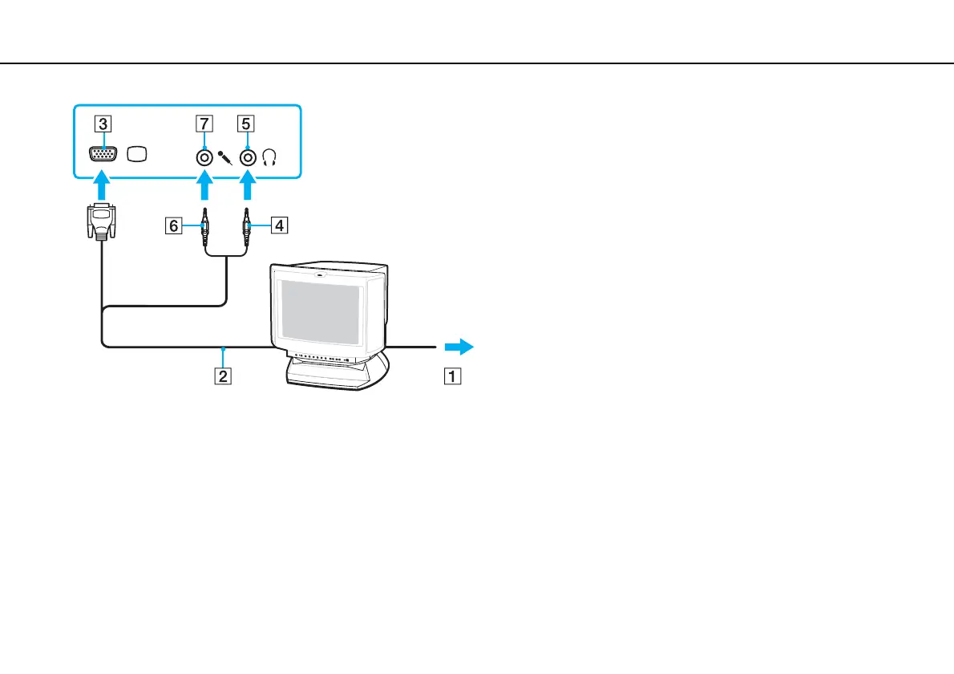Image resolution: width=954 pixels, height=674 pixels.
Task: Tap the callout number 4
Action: (278, 226)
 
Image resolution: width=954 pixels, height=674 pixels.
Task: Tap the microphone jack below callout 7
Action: (205, 156)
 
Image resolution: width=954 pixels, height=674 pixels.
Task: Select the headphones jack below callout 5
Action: (249, 156)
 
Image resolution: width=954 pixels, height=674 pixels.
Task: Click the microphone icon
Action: (225, 156)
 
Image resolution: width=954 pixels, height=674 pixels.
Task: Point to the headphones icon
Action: (269, 157)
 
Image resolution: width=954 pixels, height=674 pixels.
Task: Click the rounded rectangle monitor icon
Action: (138, 155)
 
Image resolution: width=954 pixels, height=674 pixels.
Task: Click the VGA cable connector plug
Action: (102, 222)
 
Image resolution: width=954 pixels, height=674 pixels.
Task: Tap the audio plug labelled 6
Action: (205, 226)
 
